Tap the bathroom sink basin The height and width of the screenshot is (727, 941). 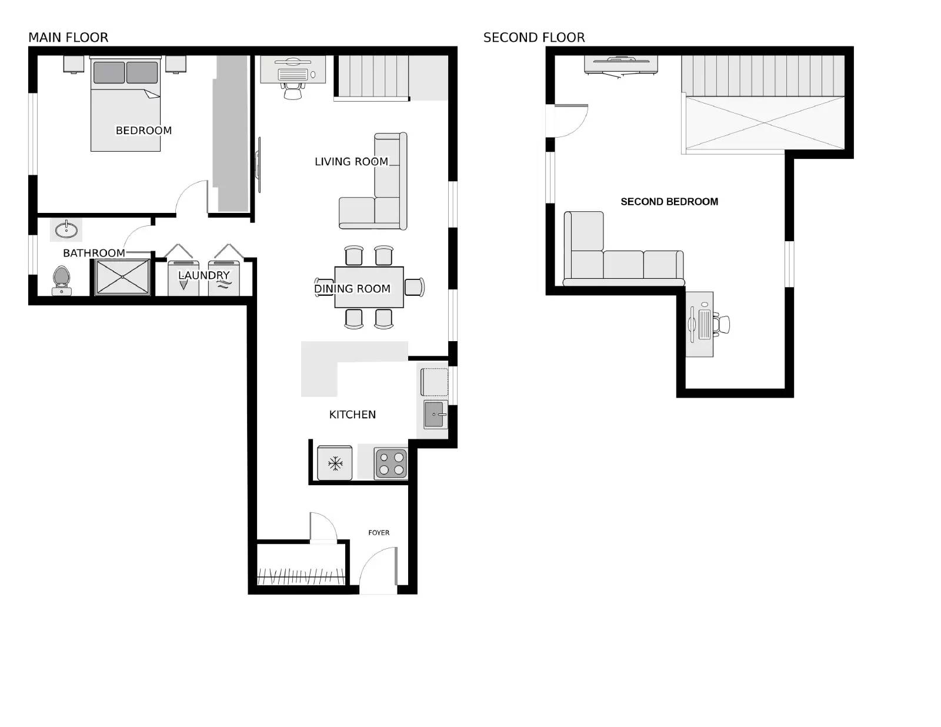click(66, 229)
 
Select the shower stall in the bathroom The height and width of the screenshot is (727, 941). click(123, 276)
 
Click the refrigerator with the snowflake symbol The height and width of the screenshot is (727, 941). click(335, 463)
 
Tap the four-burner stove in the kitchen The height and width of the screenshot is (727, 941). click(391, 463)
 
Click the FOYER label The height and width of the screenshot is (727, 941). click(379, 533)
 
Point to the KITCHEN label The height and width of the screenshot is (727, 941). click(352, 415)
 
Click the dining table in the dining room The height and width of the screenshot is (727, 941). click(369, 287)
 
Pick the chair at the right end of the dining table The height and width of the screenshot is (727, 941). click(415, 287)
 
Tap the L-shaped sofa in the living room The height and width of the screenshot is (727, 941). click(382, 194)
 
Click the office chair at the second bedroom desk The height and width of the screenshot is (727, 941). click(722, 324)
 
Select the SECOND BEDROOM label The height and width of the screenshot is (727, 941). click(669, 202)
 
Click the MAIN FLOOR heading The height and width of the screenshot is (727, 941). click(68, 38)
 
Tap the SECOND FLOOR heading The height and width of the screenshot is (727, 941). click(534, 38)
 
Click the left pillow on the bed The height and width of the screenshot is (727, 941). click(109, 73)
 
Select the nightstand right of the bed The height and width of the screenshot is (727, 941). click(175, 64)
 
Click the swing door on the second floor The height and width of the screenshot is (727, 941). click(569, 120)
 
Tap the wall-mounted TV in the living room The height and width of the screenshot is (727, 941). click(258, 164)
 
